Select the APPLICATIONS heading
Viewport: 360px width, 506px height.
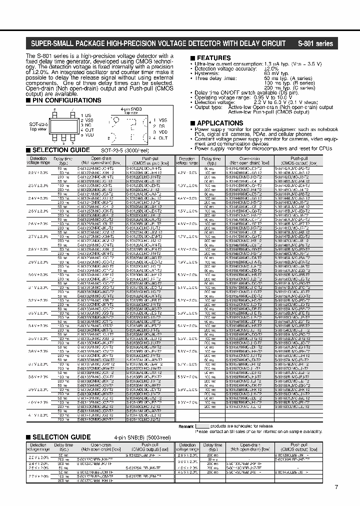pos(220,123)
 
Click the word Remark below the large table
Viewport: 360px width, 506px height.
pos(186,426)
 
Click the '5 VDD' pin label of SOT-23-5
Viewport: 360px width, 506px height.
pos(86,134)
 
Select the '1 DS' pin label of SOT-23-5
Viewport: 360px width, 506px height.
pos(85,115)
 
